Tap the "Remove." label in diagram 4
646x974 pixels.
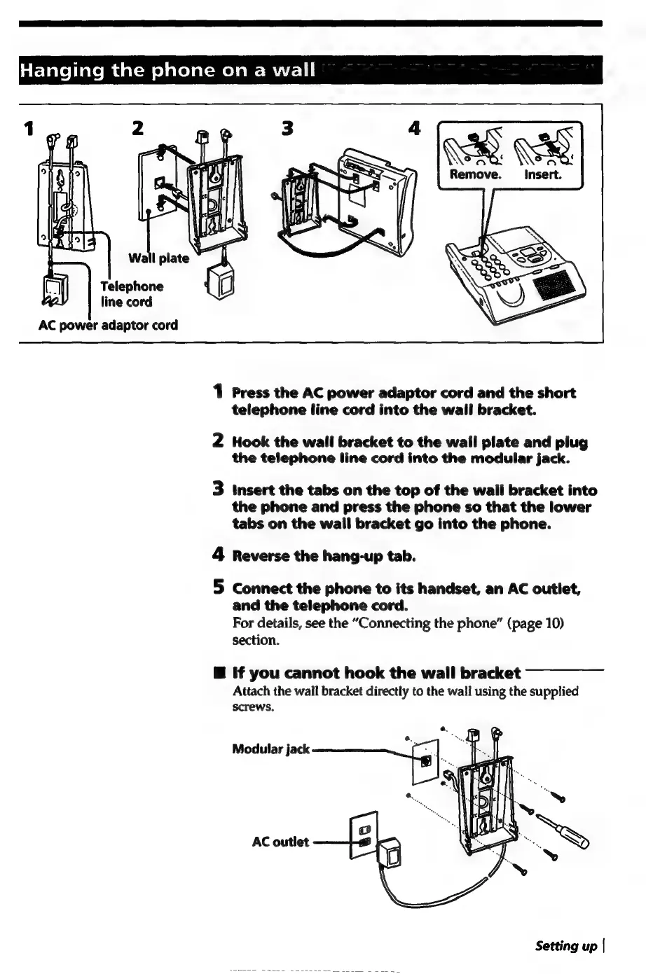(474, 174)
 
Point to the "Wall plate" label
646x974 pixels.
(158, 258)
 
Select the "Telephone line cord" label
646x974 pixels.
(132, 294)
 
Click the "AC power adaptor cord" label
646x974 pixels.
(108, 325)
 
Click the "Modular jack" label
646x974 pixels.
(270, 749)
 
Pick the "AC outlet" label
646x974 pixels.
(280, 841)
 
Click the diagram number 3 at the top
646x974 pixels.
(284, 130)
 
